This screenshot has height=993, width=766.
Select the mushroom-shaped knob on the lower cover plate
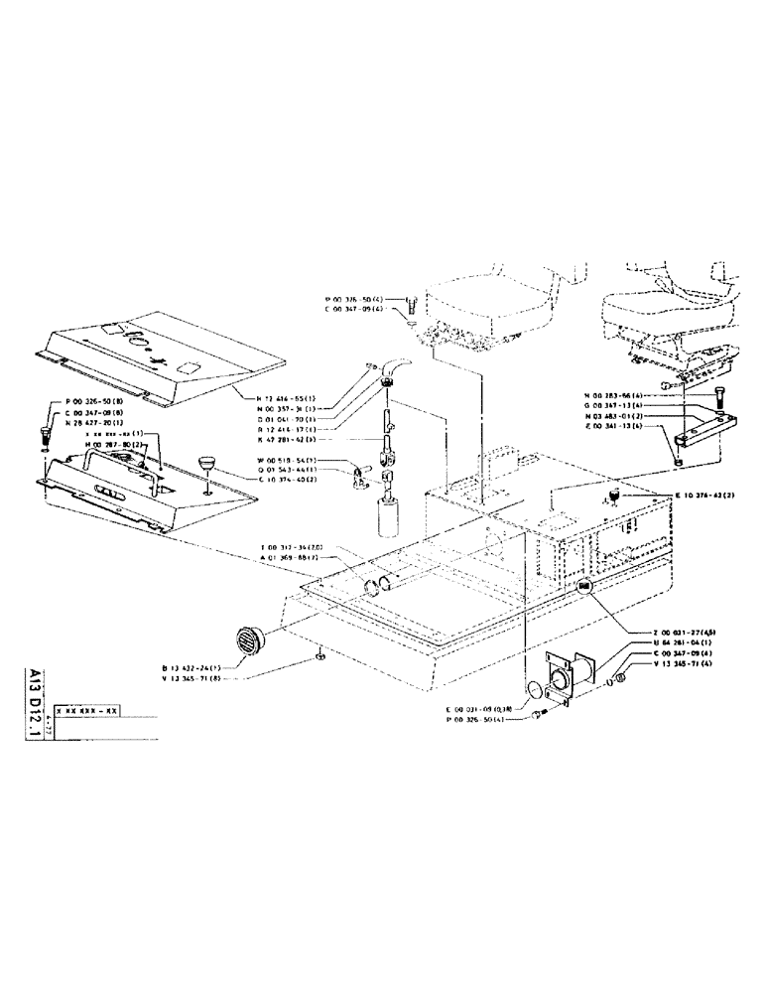[x=207, y=462]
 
